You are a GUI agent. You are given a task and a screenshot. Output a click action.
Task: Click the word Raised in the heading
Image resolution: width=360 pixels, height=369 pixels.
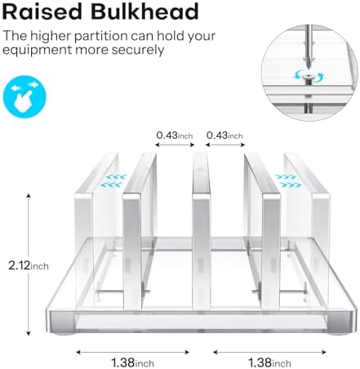[x=42, y=11]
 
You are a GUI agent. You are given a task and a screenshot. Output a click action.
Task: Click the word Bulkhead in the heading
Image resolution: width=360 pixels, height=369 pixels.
[x=144, y=11]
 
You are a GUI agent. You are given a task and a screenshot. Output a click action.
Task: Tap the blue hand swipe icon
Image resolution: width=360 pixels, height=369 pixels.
[x=24, y=96]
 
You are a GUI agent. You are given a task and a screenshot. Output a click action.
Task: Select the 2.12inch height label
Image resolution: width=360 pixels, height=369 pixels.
[x=29, y=265]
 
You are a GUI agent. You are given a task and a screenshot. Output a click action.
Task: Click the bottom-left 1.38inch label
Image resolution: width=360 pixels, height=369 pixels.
[x=132, y=362]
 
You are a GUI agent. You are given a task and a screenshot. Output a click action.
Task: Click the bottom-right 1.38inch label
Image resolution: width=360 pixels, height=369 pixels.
[x=269, y=362]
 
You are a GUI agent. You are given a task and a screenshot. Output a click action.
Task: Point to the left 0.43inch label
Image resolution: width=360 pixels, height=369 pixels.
[x=175, y=136]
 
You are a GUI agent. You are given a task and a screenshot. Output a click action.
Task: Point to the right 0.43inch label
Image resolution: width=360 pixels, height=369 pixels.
[x=224, y=136]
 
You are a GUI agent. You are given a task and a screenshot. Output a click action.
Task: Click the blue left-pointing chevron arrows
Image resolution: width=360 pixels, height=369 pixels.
[x=113, y=180]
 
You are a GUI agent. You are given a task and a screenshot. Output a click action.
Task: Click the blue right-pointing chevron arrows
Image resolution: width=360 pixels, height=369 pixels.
[x=288, y=180]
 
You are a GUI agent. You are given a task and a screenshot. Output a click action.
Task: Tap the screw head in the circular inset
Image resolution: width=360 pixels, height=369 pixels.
[x=309, y=77]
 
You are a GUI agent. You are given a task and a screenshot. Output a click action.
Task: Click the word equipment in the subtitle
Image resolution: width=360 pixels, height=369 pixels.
[x=37, y=51]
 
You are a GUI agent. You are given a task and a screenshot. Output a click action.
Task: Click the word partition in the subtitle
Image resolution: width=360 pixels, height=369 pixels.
[x=100, y=36]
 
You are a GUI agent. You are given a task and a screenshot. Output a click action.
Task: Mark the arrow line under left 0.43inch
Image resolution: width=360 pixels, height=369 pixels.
[x=175, y=144]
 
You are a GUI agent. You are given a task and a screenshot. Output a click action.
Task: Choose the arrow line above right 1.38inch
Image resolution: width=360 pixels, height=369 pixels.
[x=269, y=352]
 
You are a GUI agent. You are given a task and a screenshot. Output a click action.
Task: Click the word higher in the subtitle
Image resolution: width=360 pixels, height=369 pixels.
[x=50, y=36]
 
